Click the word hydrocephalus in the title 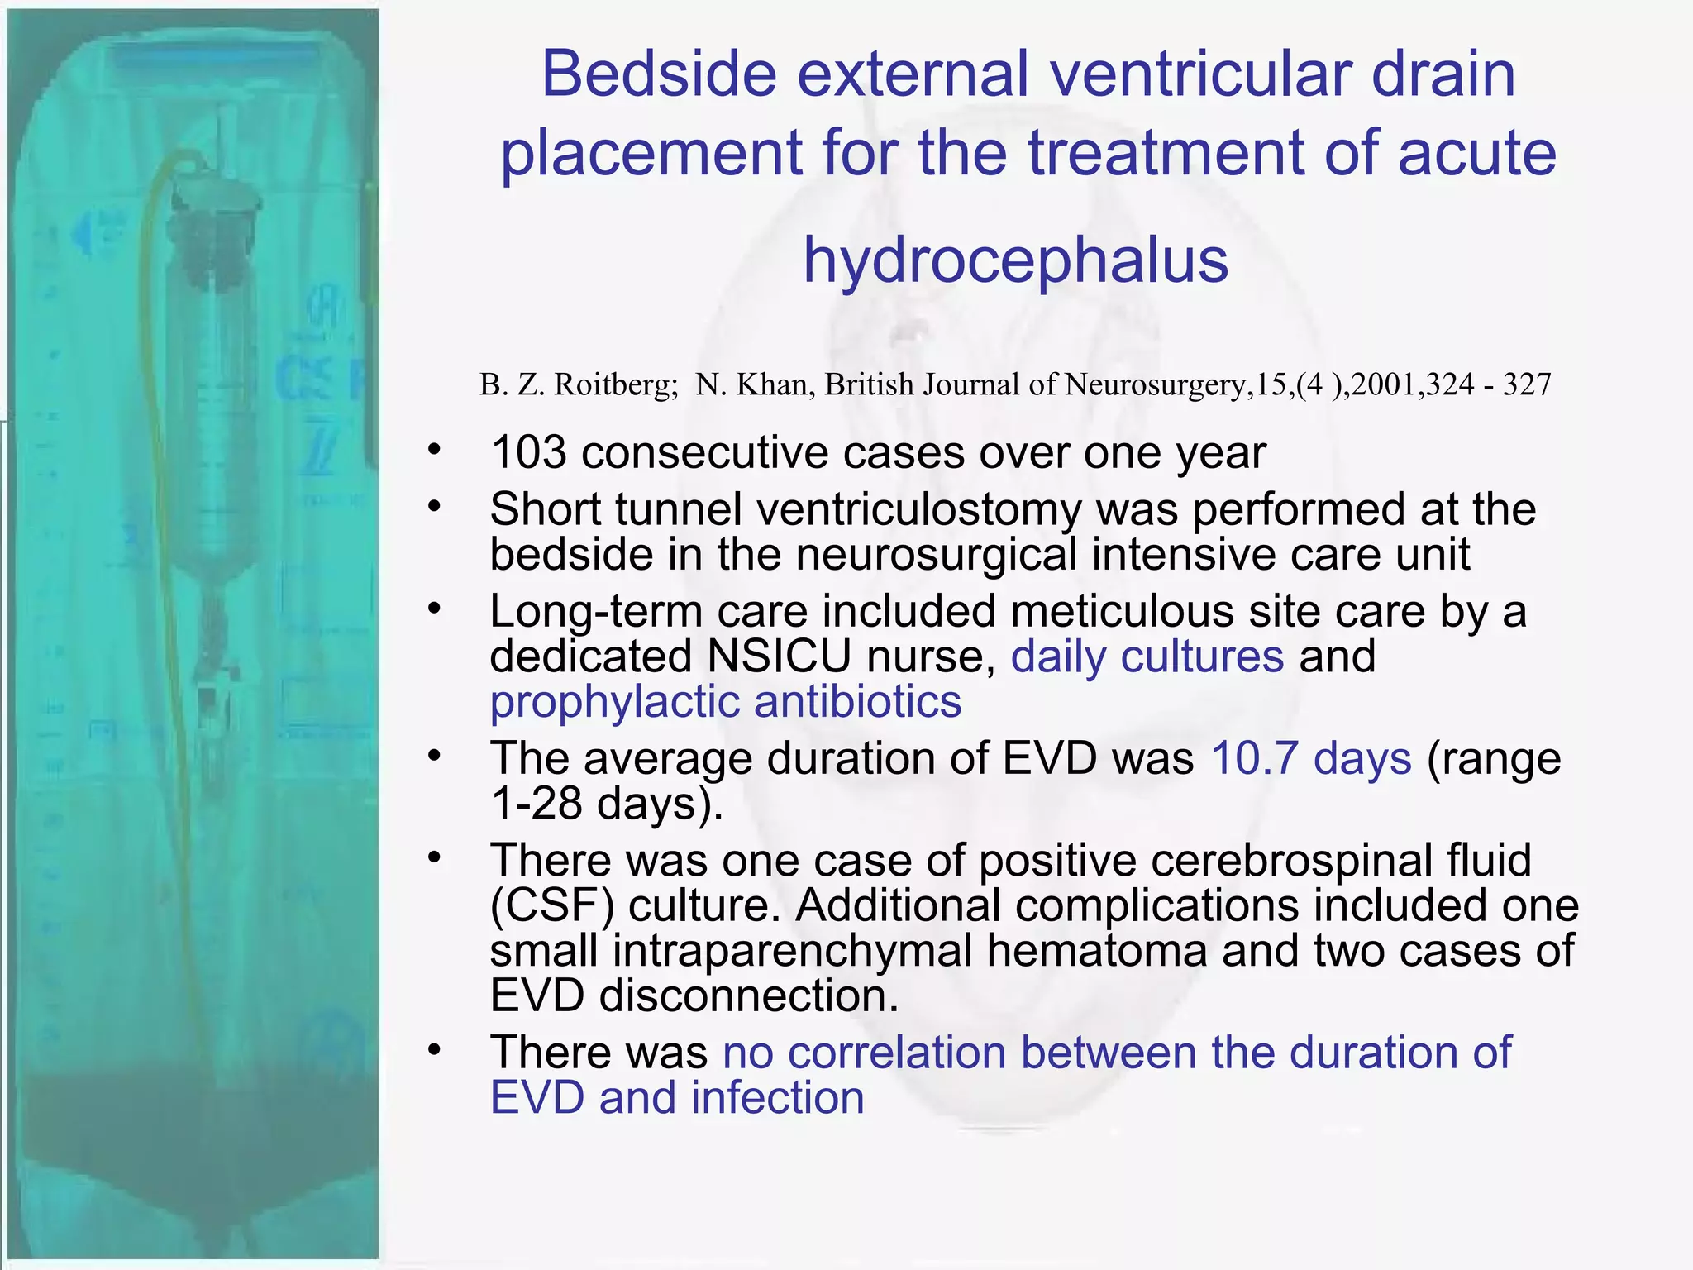1016,260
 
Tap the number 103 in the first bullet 528,453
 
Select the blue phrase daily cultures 1147,656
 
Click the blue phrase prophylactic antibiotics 725,702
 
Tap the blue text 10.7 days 1311,758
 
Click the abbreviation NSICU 779,656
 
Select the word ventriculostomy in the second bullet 918,509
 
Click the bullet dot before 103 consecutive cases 435,451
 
